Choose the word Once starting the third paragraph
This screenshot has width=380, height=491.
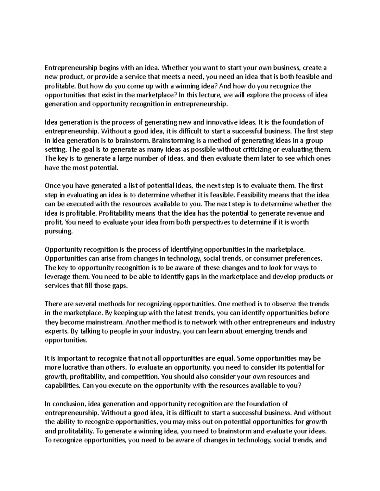pyautogui.click(x=52, y=186)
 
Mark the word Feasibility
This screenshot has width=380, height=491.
pyautogui.click(x=253, y=195)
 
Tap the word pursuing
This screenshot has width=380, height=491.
pyautogui.click(x=59, y=231)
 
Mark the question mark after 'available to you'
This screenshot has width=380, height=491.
pyautogui.click(x=299, y=386)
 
